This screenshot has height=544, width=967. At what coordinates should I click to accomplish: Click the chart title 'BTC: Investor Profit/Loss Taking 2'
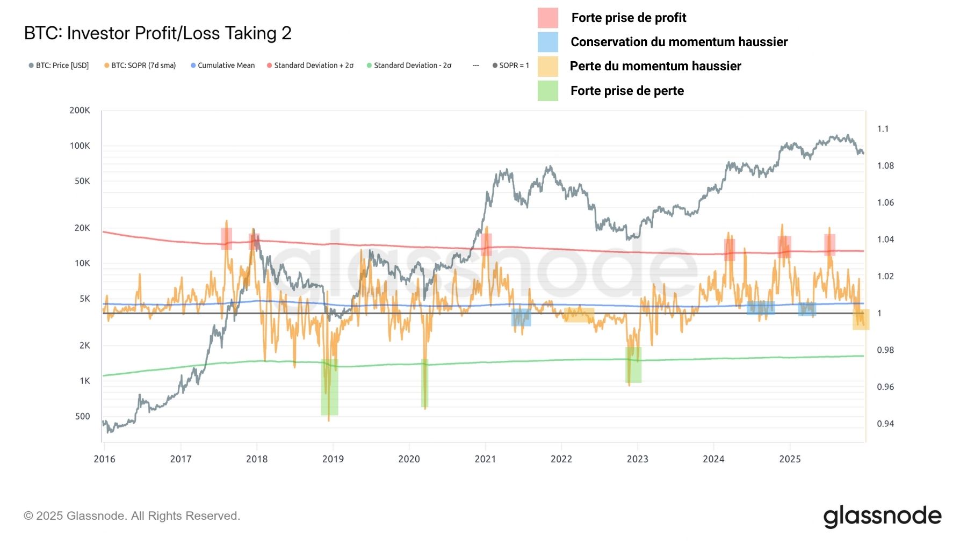tap(157, 33)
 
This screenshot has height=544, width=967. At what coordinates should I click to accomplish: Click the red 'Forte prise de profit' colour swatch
tap(547, 18)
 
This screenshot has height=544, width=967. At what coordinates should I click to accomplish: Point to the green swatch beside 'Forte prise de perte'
tap(547, 91)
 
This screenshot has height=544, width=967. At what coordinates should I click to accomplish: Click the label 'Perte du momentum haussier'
tap(655, 66)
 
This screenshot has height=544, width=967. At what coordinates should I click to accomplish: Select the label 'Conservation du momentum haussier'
tap(679, 42)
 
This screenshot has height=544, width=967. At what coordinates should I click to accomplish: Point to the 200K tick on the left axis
tap(80, 110)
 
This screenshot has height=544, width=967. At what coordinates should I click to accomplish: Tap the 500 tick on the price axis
tap(82, 416)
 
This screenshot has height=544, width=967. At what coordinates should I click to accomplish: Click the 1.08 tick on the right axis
tap(885, 165)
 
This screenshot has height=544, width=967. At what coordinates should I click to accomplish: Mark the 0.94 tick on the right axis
tap(885, 424)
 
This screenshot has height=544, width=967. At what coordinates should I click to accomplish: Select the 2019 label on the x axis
tap(333, 459)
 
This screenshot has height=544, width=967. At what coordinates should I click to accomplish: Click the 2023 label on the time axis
tap(637, 459)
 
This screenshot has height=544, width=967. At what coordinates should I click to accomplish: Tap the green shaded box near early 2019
tap(329, 387)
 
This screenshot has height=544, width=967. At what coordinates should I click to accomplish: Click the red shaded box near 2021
tap(486, 244)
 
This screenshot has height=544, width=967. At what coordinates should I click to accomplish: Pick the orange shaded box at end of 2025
tap(860, 320)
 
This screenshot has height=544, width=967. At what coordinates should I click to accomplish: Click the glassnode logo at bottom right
tap(882, 516)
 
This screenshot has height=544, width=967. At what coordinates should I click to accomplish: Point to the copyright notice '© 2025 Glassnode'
tap(132, 516)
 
